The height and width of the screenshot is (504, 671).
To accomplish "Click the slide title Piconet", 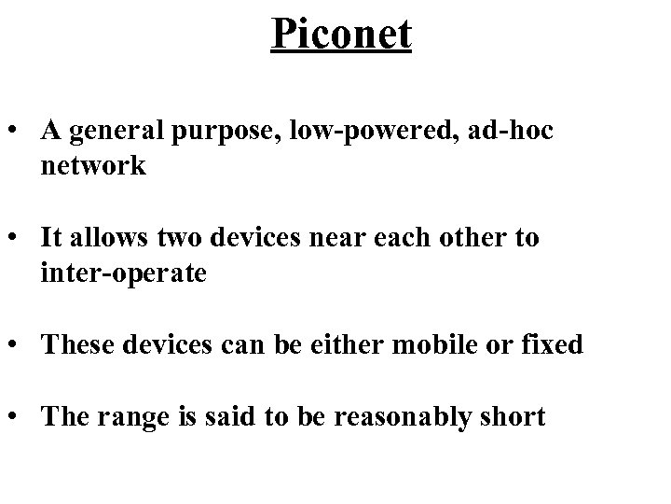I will tap(341, 35).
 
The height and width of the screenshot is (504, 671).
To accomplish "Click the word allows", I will tap(103, 238).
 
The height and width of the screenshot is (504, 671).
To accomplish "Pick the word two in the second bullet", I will tap(168, 238).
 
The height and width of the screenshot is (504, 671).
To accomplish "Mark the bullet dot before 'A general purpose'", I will tap(18, 133).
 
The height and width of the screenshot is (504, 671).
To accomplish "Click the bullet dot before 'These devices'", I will tap(18, 345).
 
